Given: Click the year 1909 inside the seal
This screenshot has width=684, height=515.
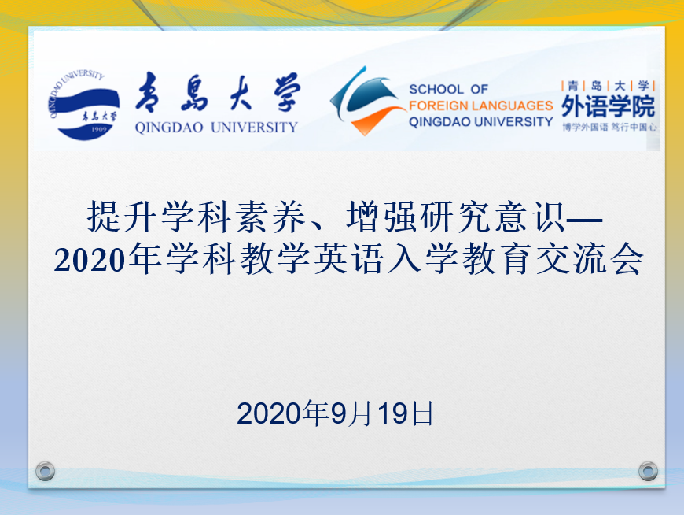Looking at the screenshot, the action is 99,129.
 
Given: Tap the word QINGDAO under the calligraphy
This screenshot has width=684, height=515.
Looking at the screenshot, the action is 169,128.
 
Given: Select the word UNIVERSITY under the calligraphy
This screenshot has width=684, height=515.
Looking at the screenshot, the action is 254,128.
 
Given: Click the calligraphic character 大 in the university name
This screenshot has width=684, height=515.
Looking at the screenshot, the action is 241,93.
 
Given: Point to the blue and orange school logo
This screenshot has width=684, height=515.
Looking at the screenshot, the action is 366,101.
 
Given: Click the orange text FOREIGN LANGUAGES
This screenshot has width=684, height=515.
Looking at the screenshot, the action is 480,106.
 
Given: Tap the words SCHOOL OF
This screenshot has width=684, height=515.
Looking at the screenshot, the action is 448,90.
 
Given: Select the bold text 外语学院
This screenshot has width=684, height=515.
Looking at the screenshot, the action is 608,106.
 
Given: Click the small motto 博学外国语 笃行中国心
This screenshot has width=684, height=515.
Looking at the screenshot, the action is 609,127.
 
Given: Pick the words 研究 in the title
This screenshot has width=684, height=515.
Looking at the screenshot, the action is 455,217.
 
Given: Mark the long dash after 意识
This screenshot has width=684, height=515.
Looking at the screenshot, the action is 584,218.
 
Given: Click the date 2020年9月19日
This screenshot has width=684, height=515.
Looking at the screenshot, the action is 335,413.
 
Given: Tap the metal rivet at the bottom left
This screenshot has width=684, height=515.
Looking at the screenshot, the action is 45,472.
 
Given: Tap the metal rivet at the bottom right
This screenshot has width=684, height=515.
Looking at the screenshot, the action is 649,472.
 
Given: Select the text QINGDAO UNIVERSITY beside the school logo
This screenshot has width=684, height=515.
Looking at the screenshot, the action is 480,122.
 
